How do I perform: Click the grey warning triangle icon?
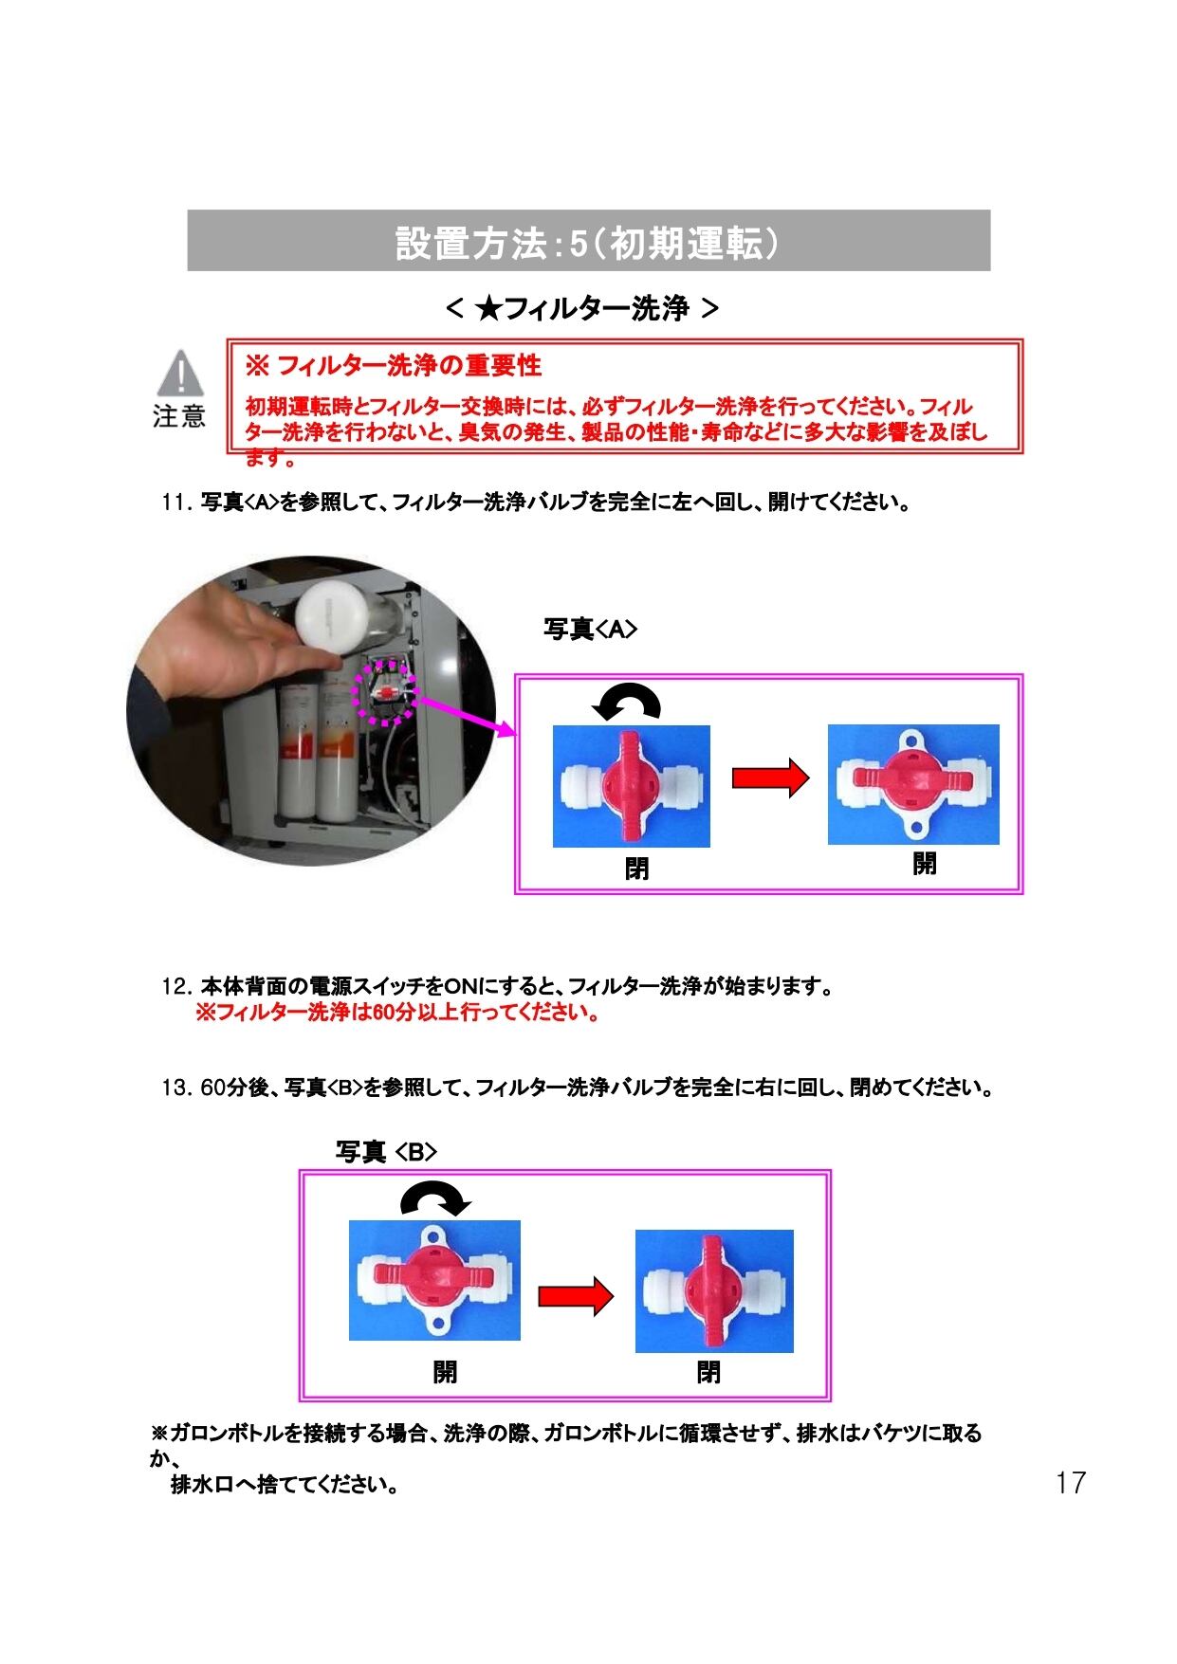pyautogui.click(x=179, y=374)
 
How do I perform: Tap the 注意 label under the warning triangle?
pyautogui.click(x=179, y=416)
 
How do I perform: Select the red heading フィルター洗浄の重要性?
pyautogui.click(x=393, y=366)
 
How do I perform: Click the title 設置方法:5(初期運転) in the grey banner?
pyautogui.click(x=588, y=244)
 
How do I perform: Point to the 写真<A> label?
pyautogui.click(x=590, y=629)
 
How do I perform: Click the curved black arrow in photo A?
pyautogui.click(x=626, y=704)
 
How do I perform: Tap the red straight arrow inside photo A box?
pyautogui.click(x=770, y=778)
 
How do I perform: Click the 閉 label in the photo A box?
pyautogui.click(x=637, y=868)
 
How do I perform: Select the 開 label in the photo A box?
pyautogui.click(x=924, y=863)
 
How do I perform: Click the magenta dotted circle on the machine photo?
pyautogui.click(x=385, y=694)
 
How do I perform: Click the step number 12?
pyautogui.click(x=176, y=987)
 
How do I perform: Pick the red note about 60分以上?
pyautogui.click(x=398, y=1013)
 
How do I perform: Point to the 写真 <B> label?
pyautogui.click(x=386, y=1152)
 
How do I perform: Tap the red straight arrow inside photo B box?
pyautogui.click(x=576, y=1295)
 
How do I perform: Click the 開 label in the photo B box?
pyautogui.click(x=444, y=1372)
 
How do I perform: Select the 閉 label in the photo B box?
pyautogui.click(x=708, y=1372)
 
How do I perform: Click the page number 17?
pyautogui.click(x=1071, y=1483)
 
